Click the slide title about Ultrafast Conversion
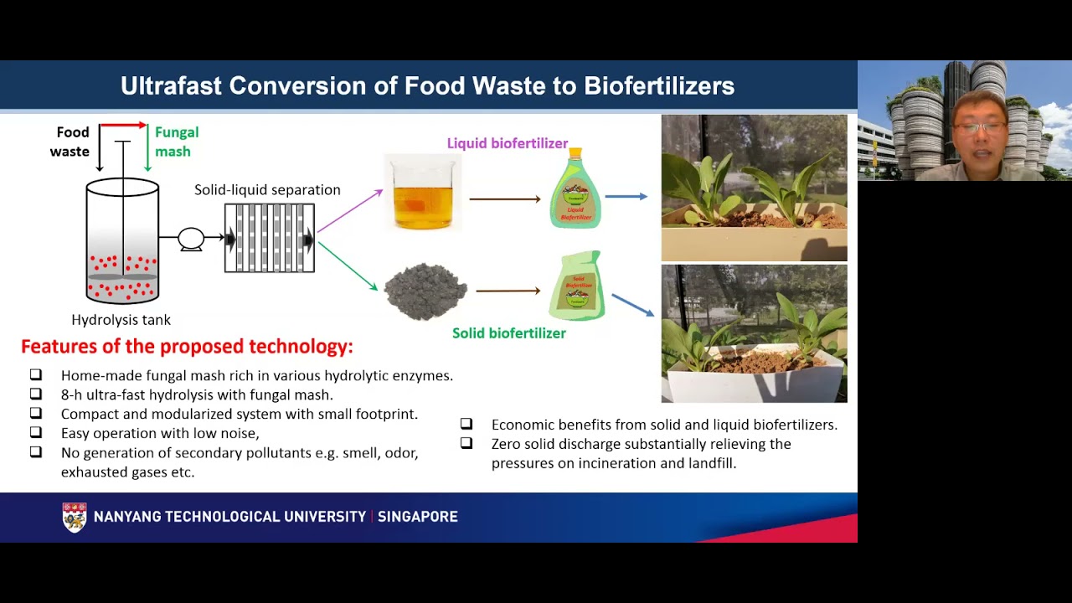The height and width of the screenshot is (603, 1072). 427,86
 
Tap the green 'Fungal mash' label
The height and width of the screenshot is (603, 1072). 176,142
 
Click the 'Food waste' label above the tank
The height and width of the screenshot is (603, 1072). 70,142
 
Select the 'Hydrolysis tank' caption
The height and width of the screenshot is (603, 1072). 121,320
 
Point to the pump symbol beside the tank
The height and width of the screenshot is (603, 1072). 191,239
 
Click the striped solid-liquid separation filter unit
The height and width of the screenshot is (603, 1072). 270,239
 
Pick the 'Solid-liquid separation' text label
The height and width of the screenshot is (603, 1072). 267,190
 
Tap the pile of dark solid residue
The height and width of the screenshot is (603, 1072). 425,291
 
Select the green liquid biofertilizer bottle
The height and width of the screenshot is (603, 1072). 575,191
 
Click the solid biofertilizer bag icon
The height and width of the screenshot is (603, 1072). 577,286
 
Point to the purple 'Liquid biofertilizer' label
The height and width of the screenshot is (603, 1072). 507,143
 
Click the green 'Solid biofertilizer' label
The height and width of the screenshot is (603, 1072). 508,333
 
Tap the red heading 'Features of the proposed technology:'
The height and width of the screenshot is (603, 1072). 187,347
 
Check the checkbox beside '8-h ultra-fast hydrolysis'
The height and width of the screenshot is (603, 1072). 35,394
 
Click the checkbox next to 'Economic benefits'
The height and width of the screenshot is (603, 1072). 466,424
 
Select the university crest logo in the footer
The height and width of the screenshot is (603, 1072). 75,517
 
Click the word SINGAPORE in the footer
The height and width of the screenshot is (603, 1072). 417,517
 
